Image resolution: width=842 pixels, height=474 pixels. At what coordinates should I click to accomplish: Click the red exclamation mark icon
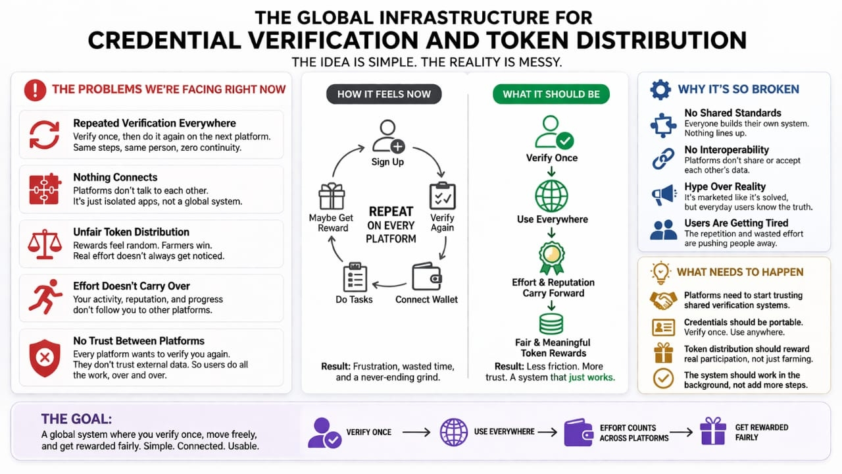coord(35,90)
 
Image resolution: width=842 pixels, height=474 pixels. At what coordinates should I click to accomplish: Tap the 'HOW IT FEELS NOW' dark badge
coord(384,94)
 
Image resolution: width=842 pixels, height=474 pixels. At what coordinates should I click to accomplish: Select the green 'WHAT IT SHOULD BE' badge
coord(551,94)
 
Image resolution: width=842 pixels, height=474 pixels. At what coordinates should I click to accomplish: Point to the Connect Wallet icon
coord(426,276)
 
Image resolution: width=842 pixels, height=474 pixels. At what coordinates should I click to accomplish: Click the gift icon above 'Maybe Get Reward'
coord(331,196)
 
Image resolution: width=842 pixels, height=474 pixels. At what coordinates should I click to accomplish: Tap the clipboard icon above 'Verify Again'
coord(442,196)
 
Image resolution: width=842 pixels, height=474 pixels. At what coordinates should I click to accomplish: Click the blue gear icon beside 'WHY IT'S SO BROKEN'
coord(660,90)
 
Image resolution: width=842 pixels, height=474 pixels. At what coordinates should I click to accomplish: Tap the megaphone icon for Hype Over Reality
coord(663,194)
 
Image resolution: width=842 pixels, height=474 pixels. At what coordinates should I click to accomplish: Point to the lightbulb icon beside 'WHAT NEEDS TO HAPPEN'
coord(660,272)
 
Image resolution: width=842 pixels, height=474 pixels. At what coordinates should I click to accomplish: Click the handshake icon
coord(663,301)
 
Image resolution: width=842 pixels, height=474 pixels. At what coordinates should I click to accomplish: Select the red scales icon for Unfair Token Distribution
coord(45,244)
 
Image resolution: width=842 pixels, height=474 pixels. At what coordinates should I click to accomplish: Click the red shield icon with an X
coord(45,358)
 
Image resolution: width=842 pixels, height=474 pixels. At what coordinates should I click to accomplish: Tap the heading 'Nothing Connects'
coord(115,177)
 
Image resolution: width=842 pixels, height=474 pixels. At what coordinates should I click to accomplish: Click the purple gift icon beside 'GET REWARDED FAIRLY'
coord(712,432)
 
